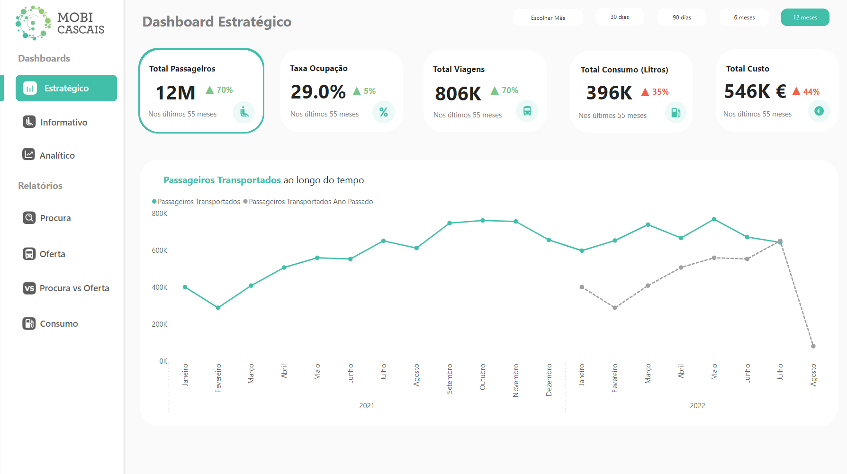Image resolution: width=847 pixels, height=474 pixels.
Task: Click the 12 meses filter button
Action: [x=805, y=18]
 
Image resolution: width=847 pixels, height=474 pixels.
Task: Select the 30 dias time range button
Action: [x=620, y=17]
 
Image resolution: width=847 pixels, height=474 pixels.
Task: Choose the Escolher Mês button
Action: [x=548, y=18]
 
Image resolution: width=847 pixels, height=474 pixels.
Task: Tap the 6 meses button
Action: [x=744, y=18]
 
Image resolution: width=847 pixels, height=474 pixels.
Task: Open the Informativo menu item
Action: [x=63, y=122]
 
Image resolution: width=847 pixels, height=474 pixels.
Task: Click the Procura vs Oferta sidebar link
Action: [x=74, y=288]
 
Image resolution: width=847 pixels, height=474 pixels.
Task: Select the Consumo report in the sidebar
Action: [x=59, y=323]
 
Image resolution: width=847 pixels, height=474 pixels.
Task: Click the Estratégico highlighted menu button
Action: [x=66, y=88]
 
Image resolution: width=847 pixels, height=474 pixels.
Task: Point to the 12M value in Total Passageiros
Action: [x=175, y=92]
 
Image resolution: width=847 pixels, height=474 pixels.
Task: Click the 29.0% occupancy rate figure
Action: [x=318, y=91]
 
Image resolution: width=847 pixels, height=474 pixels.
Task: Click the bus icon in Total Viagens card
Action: [x=527, y=111]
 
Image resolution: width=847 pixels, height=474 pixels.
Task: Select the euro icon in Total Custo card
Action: [x=819, y=111]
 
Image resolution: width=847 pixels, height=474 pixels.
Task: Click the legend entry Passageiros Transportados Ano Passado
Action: [x=310, y=202]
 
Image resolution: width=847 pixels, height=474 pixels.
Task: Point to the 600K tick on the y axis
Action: [x=159, y=250]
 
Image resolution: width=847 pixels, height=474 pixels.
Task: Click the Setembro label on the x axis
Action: [x=450, y=379]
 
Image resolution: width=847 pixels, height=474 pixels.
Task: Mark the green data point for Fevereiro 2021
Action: [x=218, y=308]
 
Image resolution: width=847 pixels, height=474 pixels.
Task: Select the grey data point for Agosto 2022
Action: [x=813, y=346]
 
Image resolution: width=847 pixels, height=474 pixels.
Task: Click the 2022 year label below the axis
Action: [x=697, y=406]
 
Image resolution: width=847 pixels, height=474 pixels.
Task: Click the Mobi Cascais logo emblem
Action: [x=33, y=22]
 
